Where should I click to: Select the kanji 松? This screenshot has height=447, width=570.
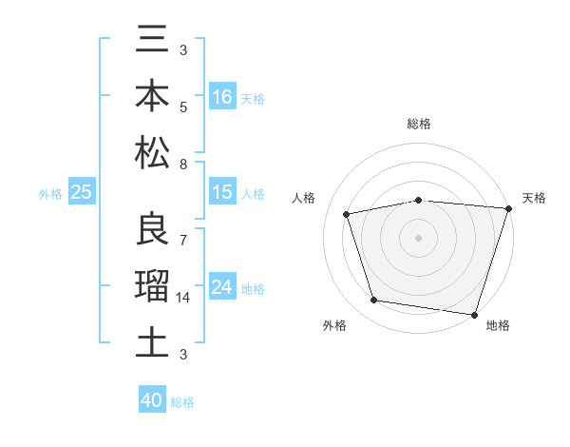[x=152, y=152]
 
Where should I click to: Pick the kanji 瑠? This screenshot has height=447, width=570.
[x=152, y=286]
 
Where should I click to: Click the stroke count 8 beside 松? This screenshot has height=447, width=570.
[x=182, y=164]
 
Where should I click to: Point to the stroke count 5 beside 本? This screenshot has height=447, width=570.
[x=182, y=107]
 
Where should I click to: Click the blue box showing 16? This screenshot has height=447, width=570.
[x=222, y=97]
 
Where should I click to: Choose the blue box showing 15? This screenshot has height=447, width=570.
[x=222, y=192]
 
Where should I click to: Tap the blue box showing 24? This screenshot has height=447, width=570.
[x=222, y=287]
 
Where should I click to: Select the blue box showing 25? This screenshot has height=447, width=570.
[x=81, y=192]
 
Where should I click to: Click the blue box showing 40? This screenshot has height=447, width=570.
[x=152, y=400]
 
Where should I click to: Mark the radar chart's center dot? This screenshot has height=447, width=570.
[x=418, y=237]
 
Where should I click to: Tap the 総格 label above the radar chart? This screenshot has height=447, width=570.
[x=419, y=124]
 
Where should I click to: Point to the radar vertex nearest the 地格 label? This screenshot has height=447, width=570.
[x=473, y=313]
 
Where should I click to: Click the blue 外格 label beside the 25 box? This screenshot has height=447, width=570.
[x=50, y=193]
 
